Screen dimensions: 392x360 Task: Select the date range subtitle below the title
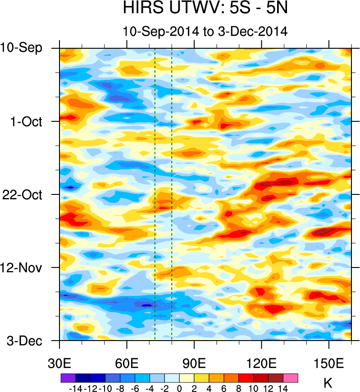point(205,32)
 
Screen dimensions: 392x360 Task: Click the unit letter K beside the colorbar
point(328,383)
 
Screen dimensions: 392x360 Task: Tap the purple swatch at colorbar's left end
point(68,377)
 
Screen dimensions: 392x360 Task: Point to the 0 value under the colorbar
point(179,387)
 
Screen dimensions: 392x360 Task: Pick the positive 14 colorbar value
point(283,387)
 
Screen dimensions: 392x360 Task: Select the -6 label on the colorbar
point(134,387)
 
